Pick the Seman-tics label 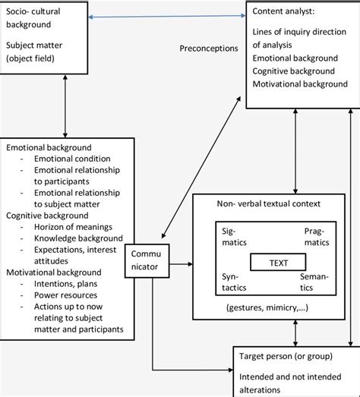[x=314, y=283]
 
